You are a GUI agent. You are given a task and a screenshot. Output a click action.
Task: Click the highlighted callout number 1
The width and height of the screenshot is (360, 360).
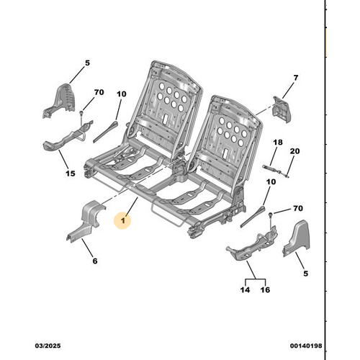click(123, 220)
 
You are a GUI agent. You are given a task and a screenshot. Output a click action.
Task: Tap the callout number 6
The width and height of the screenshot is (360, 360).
click(95, 261)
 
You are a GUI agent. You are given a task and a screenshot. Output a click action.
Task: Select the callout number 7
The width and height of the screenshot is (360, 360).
click(296, 78)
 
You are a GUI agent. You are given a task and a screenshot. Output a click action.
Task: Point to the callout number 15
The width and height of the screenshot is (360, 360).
click(71, 174)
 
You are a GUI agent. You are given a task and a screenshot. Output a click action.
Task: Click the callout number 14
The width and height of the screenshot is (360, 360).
click(245, 289)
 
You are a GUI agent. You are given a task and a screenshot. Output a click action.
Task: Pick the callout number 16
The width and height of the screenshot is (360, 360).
click(265, 289)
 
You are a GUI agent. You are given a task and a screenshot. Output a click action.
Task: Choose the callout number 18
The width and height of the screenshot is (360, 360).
click(278, 143)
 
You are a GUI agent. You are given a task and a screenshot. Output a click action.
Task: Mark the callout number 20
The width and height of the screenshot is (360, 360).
click(295, 151)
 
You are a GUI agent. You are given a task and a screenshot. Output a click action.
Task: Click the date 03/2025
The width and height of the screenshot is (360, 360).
click(48, 346)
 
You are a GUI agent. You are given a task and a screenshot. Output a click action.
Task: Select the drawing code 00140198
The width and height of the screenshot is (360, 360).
click(306, 346)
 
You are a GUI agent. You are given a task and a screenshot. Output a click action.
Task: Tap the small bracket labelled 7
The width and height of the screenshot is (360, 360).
click(282, 109)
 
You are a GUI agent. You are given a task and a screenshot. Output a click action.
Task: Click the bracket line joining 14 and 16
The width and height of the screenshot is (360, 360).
click(255, 279)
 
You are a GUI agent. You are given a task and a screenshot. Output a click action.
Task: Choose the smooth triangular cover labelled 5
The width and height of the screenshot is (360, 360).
click(297, 239)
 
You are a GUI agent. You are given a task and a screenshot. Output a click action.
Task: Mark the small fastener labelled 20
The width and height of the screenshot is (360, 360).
click(284, 174)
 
